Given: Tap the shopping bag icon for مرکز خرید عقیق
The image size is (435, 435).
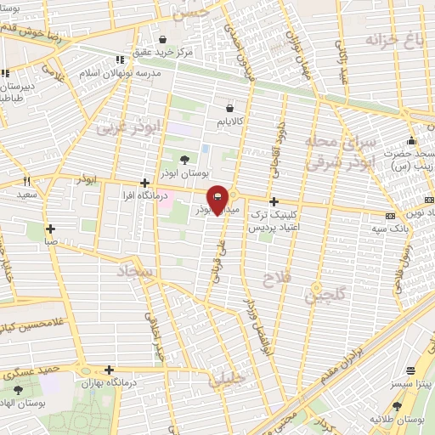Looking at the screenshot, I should pyautogui.click(x=163, y=39).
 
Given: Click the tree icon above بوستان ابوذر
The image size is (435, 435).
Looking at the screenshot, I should pyautogui.click(x=185, y=159).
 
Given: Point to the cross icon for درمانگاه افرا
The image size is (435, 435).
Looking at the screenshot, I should pyautogui.click(x=144, y=183).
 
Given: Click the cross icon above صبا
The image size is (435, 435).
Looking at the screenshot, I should pyautogui.click(x=51, y=229).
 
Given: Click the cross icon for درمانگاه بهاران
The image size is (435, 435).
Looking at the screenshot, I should pyautogui.click(x=109, y=370).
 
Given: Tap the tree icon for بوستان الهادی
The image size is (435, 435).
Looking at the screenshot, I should pyautogui.click(x=18, y=390).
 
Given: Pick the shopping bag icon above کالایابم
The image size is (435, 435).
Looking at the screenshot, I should pyautogui.click(x=229, y=108).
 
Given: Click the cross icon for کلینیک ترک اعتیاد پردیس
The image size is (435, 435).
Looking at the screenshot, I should pyautogui.click(x=273, y=202).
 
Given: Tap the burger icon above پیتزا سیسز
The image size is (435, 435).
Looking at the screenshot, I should pyautogui.click(x=412, y=370).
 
